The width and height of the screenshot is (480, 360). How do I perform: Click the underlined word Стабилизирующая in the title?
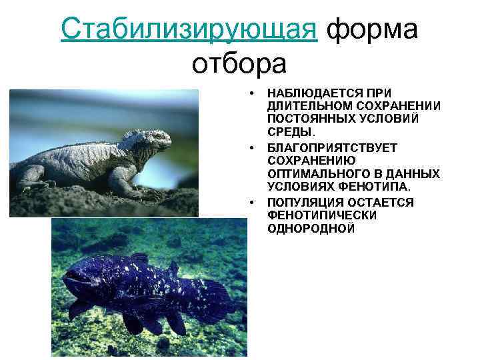pyautogui.click(x=188, y=29)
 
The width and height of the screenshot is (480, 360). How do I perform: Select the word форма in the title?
pyautogui.click(x=374, y=29)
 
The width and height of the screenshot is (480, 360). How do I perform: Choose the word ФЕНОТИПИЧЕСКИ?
pyautogui.click(x=321, y=215)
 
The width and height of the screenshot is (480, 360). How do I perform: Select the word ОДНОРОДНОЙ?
pyautogui.click(x=311, y=228)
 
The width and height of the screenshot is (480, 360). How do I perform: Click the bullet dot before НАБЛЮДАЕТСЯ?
pyautogui.click(x=253, y=93)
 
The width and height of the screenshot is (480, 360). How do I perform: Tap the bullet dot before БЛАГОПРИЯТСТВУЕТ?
pyautogui.click(x=253, y=147)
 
